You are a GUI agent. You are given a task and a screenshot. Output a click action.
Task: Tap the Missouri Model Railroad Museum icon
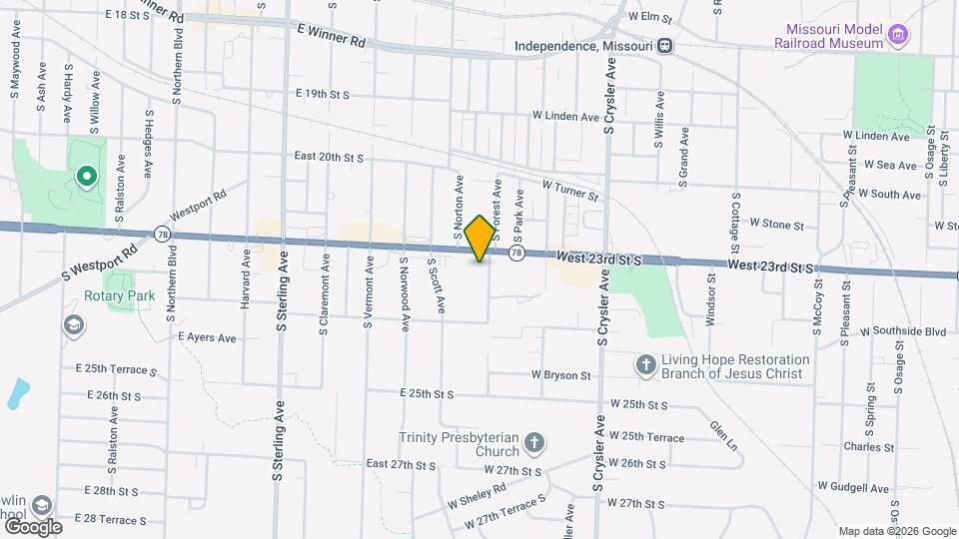tap(898, 37)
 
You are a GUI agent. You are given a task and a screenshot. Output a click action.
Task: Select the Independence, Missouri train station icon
tap(664, 46)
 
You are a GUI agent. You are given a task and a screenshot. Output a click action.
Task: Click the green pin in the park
tap(86, 178)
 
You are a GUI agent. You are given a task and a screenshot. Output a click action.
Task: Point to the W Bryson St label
tap(561, 375)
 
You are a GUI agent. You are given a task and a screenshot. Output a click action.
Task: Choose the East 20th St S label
tap(329, 157)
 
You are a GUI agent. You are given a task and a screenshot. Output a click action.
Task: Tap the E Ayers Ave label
tap(207, 338)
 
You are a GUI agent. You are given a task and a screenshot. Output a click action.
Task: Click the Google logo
tap(32, 526)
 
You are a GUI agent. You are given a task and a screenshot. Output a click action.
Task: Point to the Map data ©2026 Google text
tap(896, 531)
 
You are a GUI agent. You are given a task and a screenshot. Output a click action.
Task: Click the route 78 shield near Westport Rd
tap(162, 234)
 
